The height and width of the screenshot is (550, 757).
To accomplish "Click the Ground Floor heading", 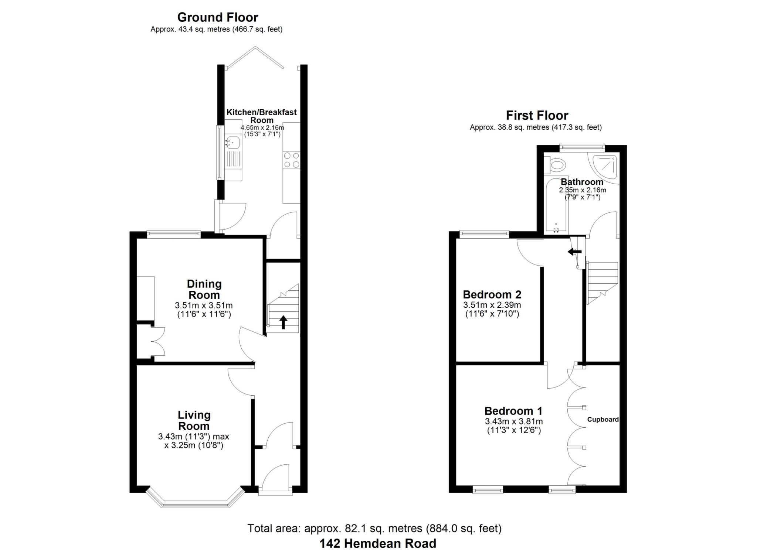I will [218, 17].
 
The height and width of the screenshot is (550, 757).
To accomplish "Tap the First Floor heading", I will [537, 115].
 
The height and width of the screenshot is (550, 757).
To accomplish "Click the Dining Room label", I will [204, 289].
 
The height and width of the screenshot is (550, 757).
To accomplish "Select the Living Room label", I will [194, 420].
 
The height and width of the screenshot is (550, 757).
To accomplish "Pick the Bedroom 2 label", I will [492, 294].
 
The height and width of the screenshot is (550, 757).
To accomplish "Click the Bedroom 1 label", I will [513, 411].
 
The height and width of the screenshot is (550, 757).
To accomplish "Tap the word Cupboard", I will [603, 419].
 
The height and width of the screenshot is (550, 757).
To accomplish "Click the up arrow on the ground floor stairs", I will [283, 322].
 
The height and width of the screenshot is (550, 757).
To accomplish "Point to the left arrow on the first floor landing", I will [574, 252].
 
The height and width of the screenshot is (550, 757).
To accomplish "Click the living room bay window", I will [196, 502].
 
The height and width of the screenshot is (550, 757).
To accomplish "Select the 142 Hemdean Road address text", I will [378, 543].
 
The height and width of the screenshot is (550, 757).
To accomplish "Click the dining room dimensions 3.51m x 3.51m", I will [204, 305].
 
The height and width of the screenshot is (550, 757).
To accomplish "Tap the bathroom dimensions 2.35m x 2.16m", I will [582, 190].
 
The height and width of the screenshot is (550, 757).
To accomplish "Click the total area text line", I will [374, 529].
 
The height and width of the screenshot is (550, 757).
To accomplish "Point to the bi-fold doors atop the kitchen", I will [255, 57].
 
